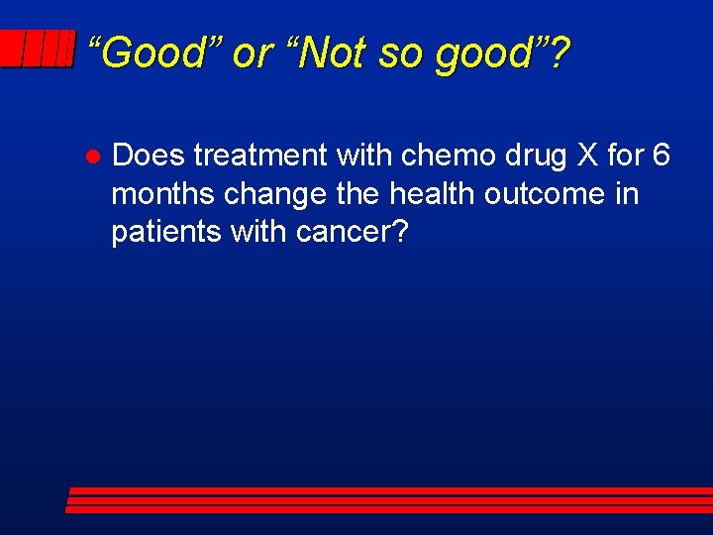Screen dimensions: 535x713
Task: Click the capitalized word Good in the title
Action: (x=153, y=53)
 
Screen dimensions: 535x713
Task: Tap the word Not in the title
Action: (x=324, y=53)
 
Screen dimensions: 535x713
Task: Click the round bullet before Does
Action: (x=88, y=158)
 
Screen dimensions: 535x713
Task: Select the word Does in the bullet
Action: (x=149, y=156)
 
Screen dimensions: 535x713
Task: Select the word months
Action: (x=163, y=193)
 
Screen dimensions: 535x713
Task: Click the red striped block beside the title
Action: (x=37, y=49)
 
